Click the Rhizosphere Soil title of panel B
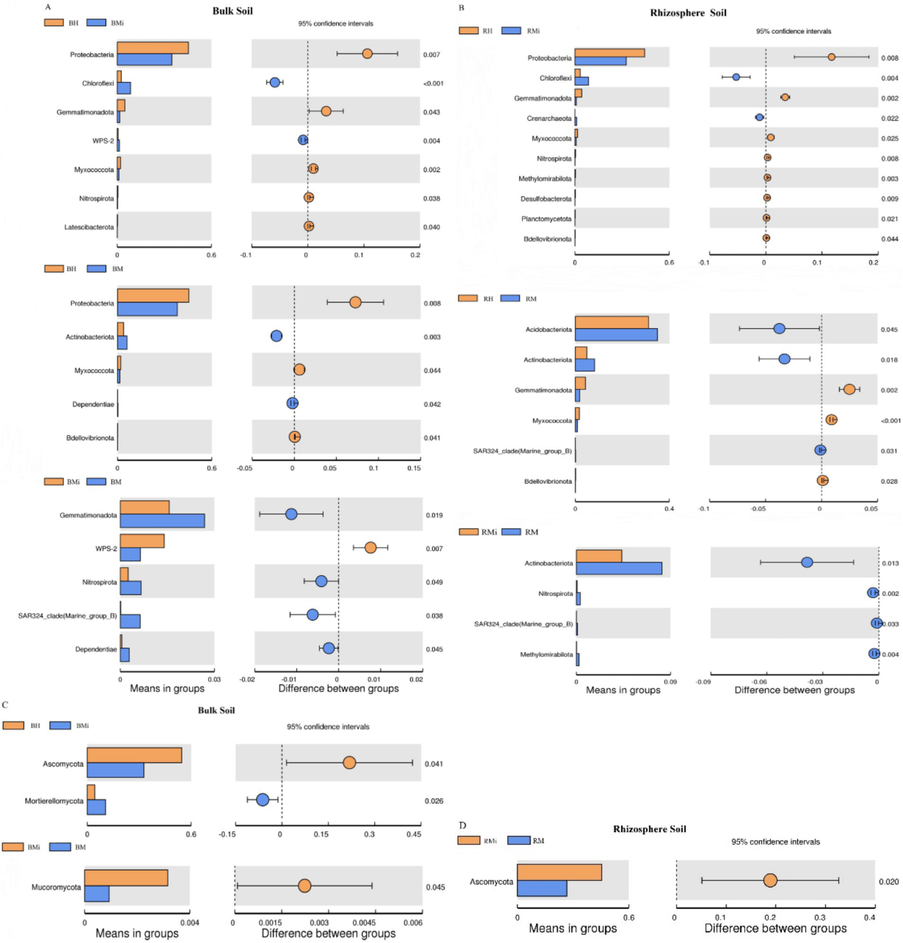point(688,13)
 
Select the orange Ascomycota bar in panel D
point(559,872)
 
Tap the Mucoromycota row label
point(56,887)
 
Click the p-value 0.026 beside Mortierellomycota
point(434,801)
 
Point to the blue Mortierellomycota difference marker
point(262,800)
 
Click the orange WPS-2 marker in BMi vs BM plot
point(370,547)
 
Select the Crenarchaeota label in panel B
point(548,118)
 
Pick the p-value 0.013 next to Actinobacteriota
point(890,563)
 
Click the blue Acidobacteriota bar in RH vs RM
point(616,335)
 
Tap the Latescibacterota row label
point(89,227)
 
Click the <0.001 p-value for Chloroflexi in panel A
point(433,83)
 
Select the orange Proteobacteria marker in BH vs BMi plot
point(367,53)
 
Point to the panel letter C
point(5,704)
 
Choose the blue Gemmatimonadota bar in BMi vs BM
point(162,521)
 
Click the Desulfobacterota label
point(545,199)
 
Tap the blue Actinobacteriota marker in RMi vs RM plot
point(807,562)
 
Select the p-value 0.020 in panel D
point(888,881)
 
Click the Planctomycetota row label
point(546,219)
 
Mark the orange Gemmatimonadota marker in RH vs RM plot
point(849,389)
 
